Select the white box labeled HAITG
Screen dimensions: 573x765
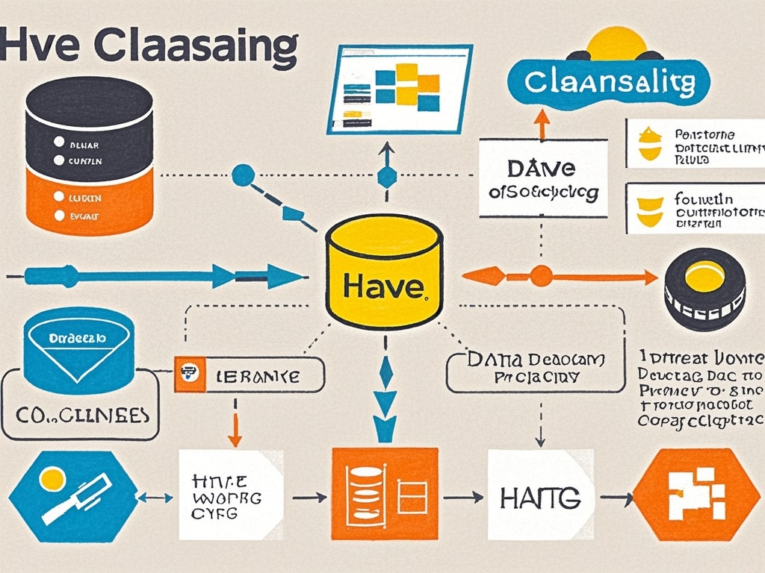point(540,495)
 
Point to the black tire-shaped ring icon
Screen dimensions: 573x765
point(704,289)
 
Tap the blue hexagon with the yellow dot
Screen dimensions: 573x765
point(72,495)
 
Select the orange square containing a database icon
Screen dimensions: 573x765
point(384,494)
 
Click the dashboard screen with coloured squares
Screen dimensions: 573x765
point(400,88)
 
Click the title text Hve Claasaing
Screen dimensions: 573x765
point(149,46)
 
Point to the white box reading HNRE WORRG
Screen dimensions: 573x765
point(231,495)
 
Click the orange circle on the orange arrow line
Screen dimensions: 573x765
point(541,277)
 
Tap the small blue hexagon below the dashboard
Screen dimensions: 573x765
point(386,177)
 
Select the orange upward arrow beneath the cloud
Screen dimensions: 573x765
point(542,123)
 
